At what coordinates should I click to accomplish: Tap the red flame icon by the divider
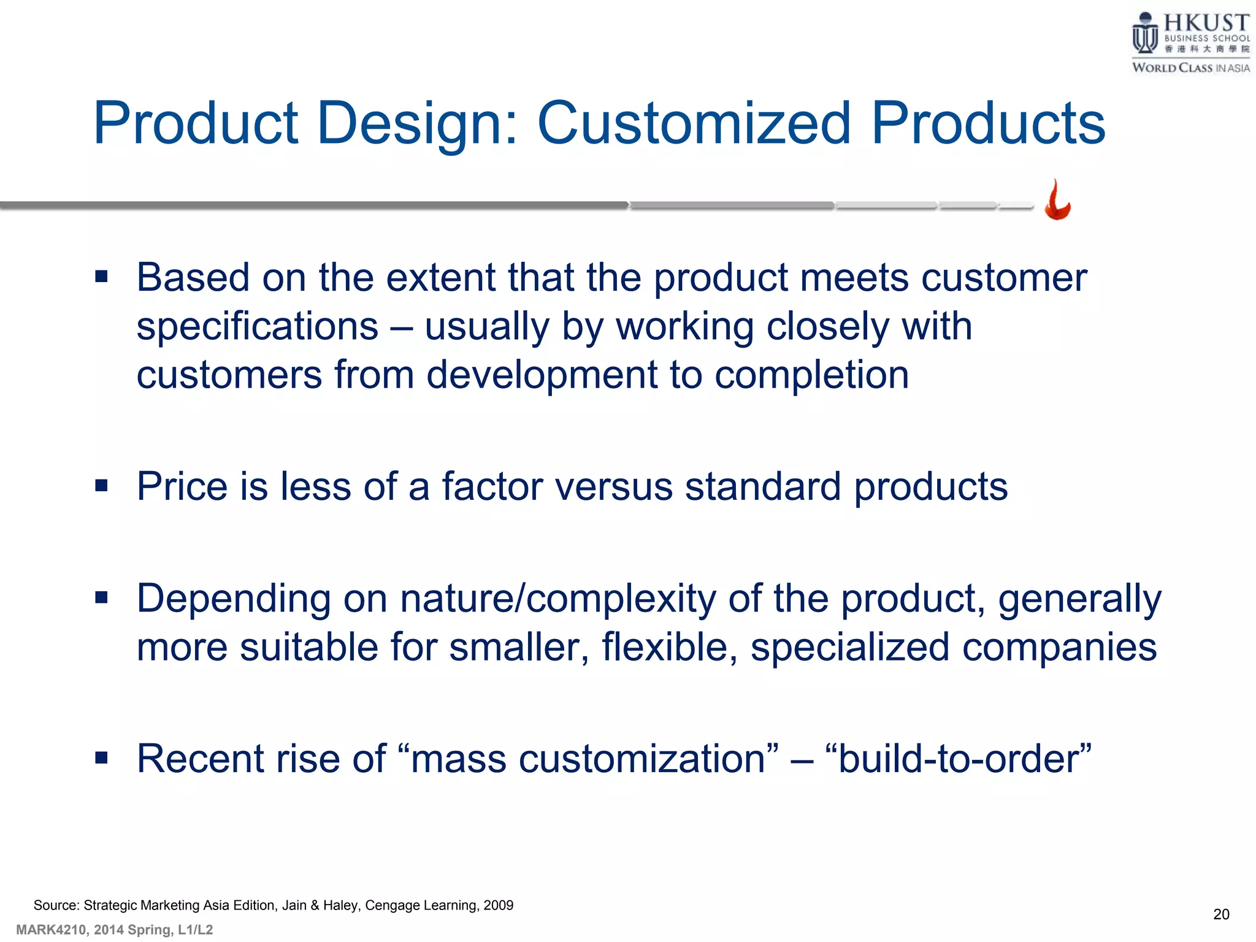(x=1058, y=200)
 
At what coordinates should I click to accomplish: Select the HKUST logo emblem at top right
(x=1144, y=34)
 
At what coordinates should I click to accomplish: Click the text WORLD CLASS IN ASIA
(x=1190, y=68)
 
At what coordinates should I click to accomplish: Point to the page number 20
(x=1221, y=914)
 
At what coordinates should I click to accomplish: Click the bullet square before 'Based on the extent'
(x=102, y=277)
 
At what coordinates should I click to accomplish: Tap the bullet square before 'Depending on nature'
(x=102, y=597)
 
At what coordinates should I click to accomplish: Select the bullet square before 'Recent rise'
(x=102, y=758)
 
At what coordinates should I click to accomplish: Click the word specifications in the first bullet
(x=258, y=326)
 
